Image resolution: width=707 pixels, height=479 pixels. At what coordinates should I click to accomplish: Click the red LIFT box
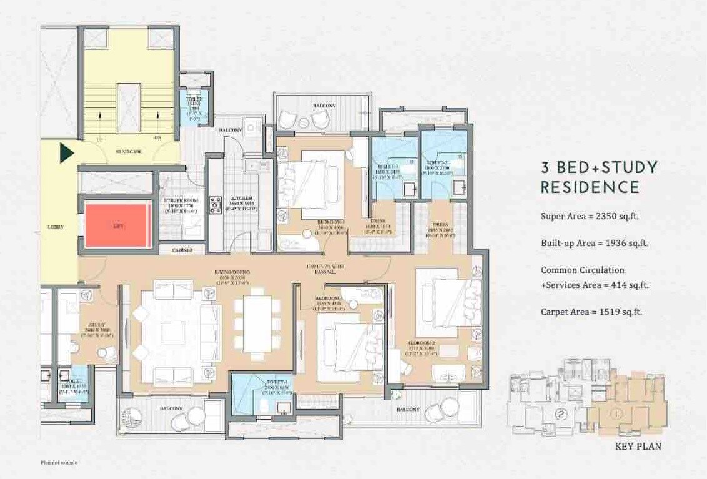click(x=117, y=225)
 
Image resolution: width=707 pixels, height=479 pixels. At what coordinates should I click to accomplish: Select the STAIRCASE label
click(x=128, y=152)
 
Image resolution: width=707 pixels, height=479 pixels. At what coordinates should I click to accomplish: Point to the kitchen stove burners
click(x=216, y=205)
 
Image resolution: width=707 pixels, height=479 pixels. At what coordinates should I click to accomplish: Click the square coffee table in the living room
click(x=173, y=333)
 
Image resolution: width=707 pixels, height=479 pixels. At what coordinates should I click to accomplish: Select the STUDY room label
click(x=96, y=325)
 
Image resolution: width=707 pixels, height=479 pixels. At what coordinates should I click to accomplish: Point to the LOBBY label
click(x=56, y=227)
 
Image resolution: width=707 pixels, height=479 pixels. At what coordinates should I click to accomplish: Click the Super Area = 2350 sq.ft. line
click(x=589, y=217)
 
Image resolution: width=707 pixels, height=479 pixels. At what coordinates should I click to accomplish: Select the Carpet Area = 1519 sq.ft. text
click(x=591, y=311)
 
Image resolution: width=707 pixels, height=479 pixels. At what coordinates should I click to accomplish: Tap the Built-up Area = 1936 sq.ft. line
click(x=594, y=243)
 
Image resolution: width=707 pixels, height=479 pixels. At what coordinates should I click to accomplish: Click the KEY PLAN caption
click(x=637, y=447)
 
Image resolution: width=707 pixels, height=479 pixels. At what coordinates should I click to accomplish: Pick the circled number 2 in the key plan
click(x=561, y=413)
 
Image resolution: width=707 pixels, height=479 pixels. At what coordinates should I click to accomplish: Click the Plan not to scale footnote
click(x=59, y=463)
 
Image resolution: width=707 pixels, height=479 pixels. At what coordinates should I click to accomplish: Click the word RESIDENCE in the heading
click(x=590, y=187)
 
